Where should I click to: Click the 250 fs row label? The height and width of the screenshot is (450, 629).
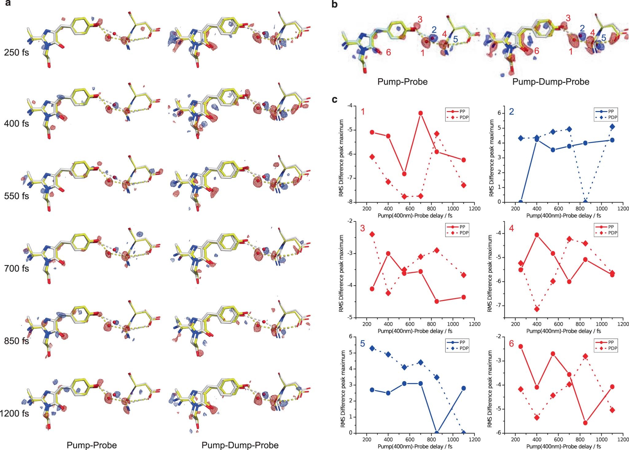[x=16, y=52]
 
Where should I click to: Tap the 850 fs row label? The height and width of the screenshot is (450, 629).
[x=16, y=341]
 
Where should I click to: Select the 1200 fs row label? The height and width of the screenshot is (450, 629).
[x=14, y=413]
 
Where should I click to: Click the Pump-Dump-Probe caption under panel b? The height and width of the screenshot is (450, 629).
[x=551, y=82]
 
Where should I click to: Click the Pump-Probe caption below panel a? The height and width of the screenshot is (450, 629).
[x=92, y=445]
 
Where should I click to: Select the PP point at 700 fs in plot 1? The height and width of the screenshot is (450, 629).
[x=420, y=113]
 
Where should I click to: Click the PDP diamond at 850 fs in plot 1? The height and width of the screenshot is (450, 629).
[x=437, y=133]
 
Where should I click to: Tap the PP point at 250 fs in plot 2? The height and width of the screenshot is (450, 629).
[x=521, y=202]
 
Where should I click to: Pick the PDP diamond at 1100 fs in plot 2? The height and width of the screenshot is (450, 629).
[x=612, y=126]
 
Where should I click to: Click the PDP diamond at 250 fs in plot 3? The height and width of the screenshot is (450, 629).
[x=372, y=234]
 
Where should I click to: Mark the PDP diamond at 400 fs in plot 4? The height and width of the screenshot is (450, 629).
[x=537, y=309]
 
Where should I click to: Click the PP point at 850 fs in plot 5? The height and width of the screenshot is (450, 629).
[x=437, y=433]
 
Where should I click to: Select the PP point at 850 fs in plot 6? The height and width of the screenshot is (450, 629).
[x=585, y=423]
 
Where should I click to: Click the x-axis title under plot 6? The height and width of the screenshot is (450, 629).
[x=564, y=446]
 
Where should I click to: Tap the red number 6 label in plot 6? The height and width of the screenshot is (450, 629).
[x=511, y=344]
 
